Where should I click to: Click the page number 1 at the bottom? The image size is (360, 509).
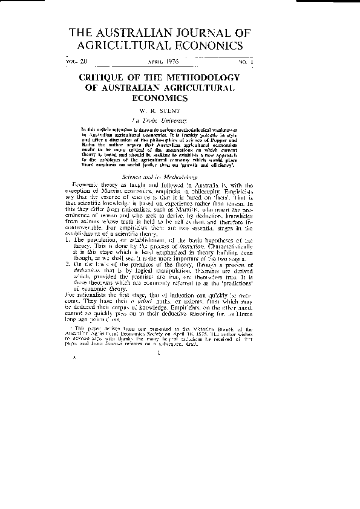click(157, 362)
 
